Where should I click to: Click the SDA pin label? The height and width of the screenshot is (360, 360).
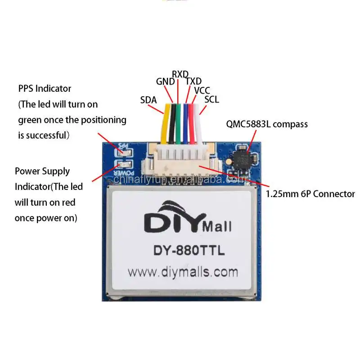click(148, 100)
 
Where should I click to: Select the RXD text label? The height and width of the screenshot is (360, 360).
click(180, 74)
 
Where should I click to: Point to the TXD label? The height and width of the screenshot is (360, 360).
click(194, 81)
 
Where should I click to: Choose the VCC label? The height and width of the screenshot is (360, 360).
click(202, 90)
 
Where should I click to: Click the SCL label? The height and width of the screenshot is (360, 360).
click(211, 99)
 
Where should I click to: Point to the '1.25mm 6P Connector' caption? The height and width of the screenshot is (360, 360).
click(310, 194)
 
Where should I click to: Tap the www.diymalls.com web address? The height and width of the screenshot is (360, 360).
click(182, 272)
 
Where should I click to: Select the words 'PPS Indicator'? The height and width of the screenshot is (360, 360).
click(45, 88)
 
